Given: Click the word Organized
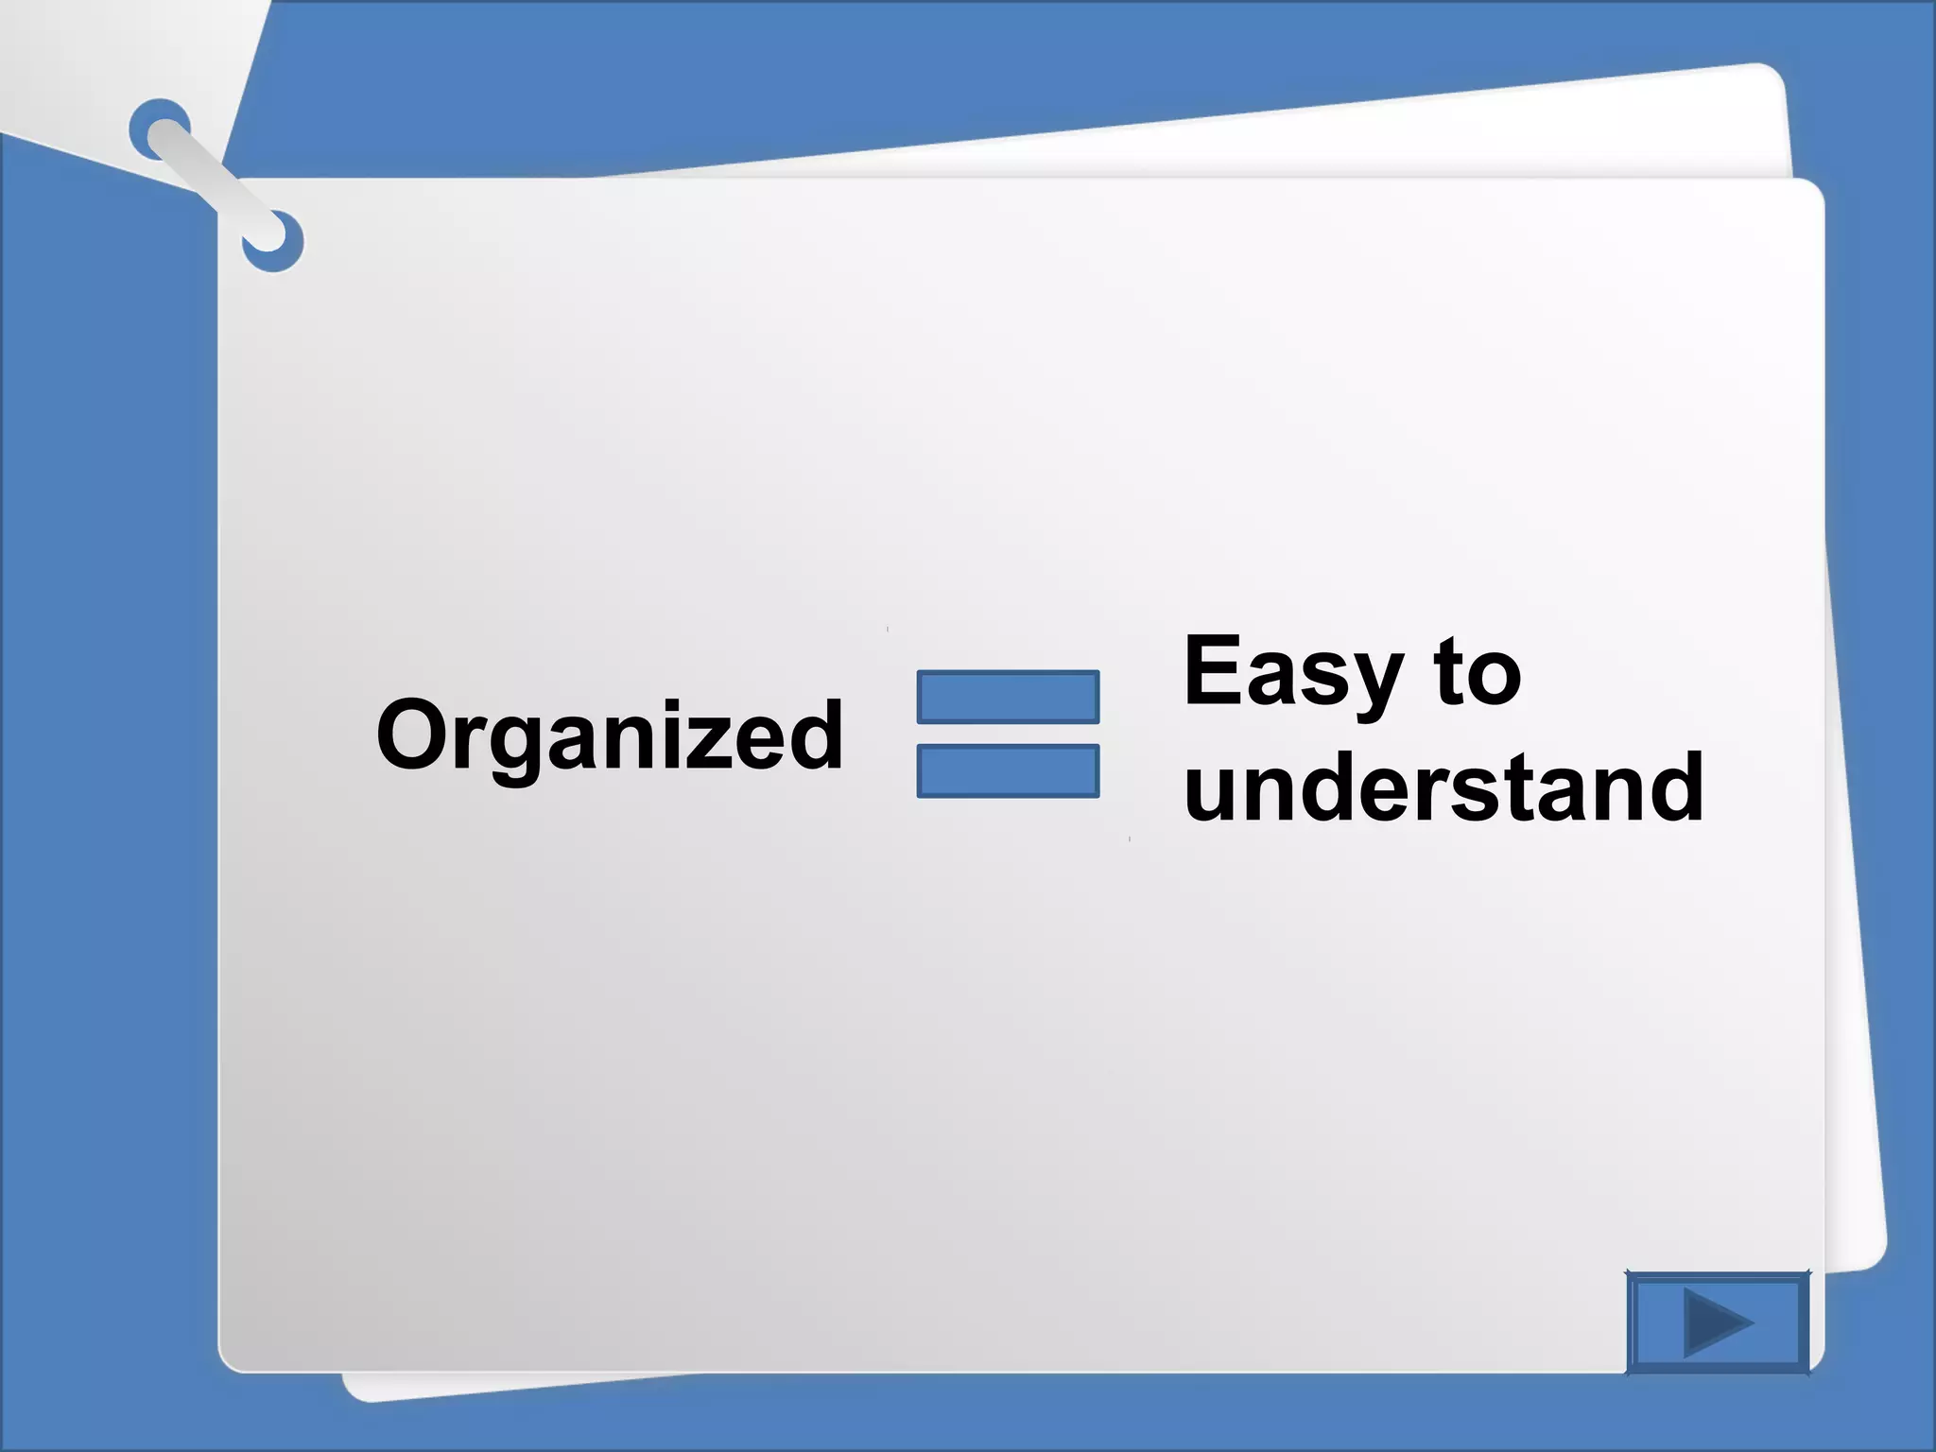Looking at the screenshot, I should (x=610, y=735).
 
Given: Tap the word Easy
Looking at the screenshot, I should (x=1292, y=673).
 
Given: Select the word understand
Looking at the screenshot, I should (x=1443, y=786).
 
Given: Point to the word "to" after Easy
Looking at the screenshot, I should (x=1477, y=673).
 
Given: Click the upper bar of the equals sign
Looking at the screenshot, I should (x=1008, y=698).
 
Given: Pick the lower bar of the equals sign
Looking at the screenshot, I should (x=1008, y=771).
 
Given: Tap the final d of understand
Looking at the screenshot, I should (x=1671, y=786).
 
